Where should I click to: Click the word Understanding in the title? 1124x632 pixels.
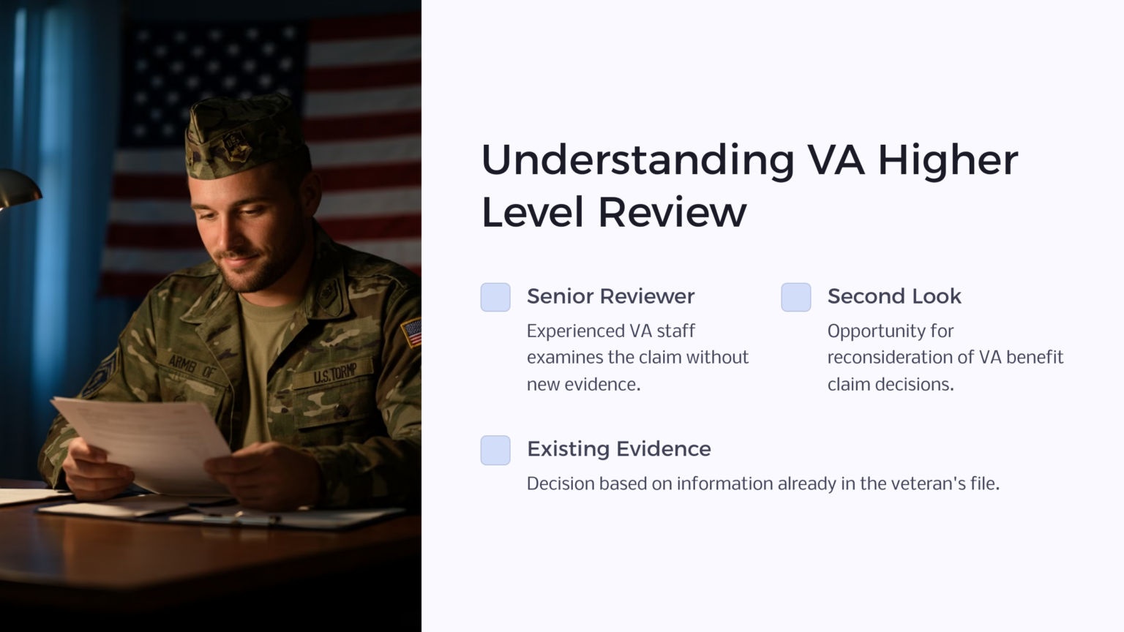(x=637, y=160)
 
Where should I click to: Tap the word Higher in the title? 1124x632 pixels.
(x=948, y=160)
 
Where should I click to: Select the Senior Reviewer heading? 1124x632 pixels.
(x=610, y=296)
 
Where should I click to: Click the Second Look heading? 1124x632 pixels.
(x=893, y=296)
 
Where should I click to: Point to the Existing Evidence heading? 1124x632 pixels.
(x=618, y=448)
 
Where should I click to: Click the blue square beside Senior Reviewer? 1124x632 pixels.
(x=495, y=297)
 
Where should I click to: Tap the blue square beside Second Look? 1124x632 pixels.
(x=796, y=297)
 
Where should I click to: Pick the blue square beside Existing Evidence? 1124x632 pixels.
(x=495, y=450)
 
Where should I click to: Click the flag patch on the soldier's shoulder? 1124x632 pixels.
(x=412, y=332)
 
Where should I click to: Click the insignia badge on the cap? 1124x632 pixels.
(x=236, y=146)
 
